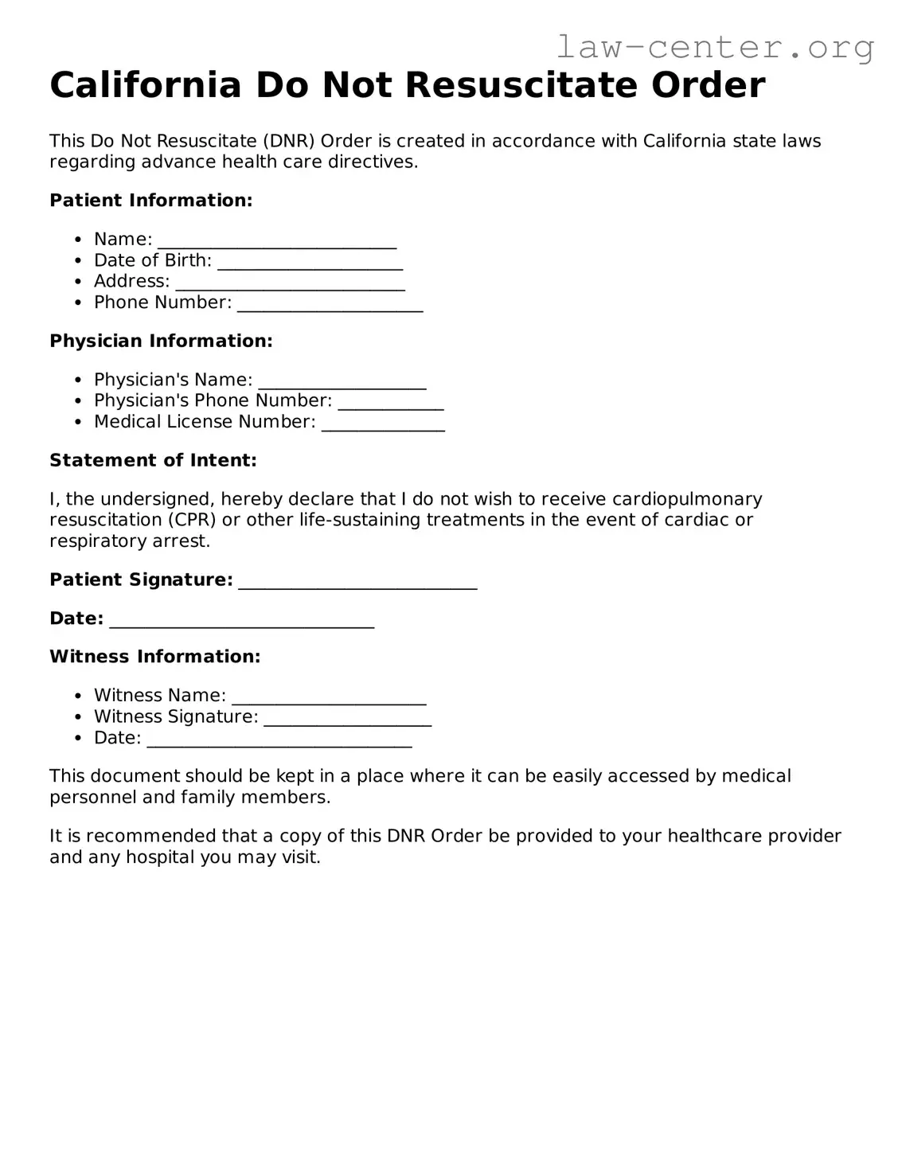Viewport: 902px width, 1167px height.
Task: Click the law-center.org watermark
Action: pos(715,48)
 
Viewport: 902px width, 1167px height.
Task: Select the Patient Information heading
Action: pos(150,201)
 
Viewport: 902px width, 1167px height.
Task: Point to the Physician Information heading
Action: pos(161,341)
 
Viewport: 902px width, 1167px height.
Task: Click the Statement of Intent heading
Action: pos(153,460)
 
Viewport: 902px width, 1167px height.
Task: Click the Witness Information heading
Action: pos(154,657)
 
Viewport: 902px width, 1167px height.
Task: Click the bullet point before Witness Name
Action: pos(77,697)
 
